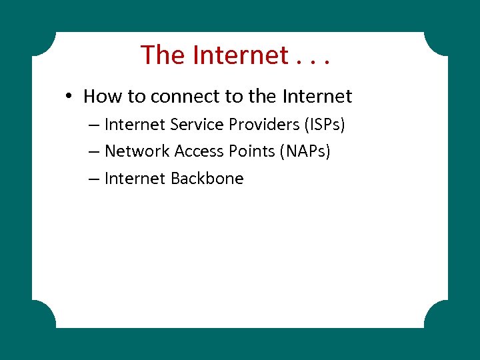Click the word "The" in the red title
[x=163, y=55]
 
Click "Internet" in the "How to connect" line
[x=317, y=97]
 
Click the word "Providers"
[x=267, y=125]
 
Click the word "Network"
[x=137, y=151]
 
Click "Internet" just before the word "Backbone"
[x=135, y=179]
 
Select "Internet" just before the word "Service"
[x=135, y=125]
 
